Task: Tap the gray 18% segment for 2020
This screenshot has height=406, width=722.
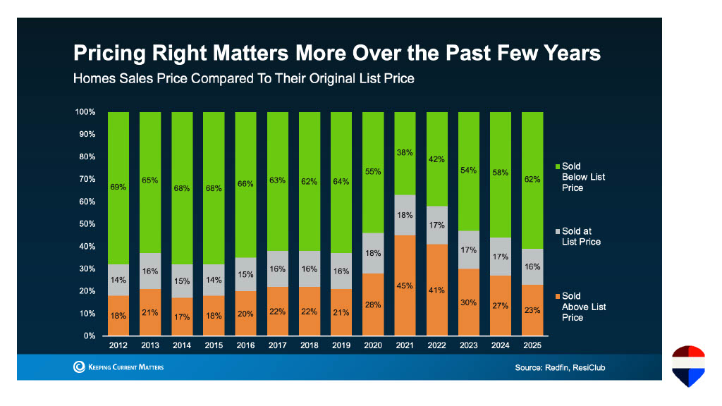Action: coord(374,253)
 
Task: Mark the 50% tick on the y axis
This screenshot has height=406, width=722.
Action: coord(86,224)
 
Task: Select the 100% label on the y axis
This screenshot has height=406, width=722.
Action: coord(85,112)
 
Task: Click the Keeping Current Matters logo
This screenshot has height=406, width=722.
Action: coord(118,367)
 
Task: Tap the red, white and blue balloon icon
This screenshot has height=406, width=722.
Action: coord(688,366)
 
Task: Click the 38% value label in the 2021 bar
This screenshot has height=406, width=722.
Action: coord(405,152)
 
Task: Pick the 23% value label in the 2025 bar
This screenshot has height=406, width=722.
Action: coord(532,310)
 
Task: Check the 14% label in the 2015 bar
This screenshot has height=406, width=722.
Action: coord(214,280)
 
